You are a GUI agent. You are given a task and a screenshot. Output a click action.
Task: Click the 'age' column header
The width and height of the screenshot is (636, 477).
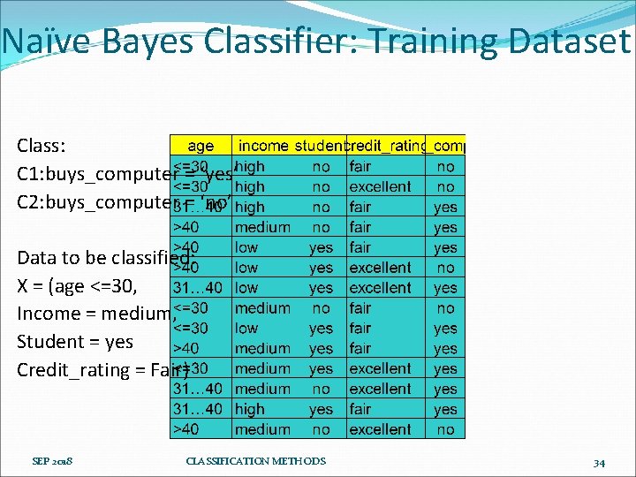coord(201,146)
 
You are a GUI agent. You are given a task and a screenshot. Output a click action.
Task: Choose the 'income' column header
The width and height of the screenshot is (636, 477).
coord(263,146)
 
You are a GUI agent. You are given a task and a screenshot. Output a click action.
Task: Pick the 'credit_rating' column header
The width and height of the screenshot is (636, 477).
coord(387,146)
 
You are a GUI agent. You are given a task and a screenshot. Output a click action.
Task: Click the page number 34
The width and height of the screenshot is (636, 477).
coord(598,462)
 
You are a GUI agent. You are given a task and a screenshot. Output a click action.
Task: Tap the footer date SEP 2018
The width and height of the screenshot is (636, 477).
coord(53,461)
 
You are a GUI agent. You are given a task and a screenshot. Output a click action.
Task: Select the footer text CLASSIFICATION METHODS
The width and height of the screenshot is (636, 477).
coord(256,461)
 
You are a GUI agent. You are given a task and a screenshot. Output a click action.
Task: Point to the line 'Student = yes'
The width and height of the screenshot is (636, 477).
coord(75,342)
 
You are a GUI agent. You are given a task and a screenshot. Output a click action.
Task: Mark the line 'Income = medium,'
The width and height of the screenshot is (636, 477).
coord(93,314)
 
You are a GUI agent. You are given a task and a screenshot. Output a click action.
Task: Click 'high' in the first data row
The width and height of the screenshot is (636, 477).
coord(250,166)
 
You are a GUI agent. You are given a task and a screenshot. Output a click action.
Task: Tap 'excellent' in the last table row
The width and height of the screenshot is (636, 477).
coord(380,429)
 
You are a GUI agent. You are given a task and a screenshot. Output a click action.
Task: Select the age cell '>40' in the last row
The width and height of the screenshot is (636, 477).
coord(185,429)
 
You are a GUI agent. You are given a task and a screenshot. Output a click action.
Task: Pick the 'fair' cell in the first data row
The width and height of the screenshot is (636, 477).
coord(360,166)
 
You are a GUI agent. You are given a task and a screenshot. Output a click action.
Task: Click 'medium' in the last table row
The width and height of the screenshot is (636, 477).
coord(262,429)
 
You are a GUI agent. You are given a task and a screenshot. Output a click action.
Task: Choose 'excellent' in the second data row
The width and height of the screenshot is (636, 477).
coord(380,186)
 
